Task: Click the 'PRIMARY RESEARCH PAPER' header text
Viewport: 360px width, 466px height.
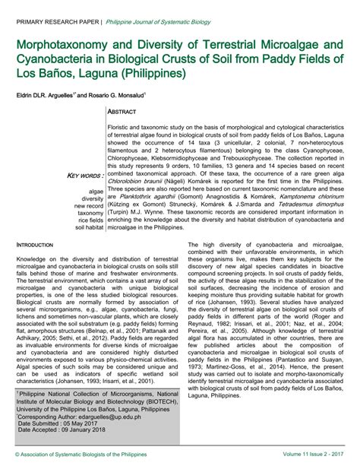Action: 52,11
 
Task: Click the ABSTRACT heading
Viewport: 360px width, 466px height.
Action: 133,111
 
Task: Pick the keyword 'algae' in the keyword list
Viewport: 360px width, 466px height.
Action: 96,191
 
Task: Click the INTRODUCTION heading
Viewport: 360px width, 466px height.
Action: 35,246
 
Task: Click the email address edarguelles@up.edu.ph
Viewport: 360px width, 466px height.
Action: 120,417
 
